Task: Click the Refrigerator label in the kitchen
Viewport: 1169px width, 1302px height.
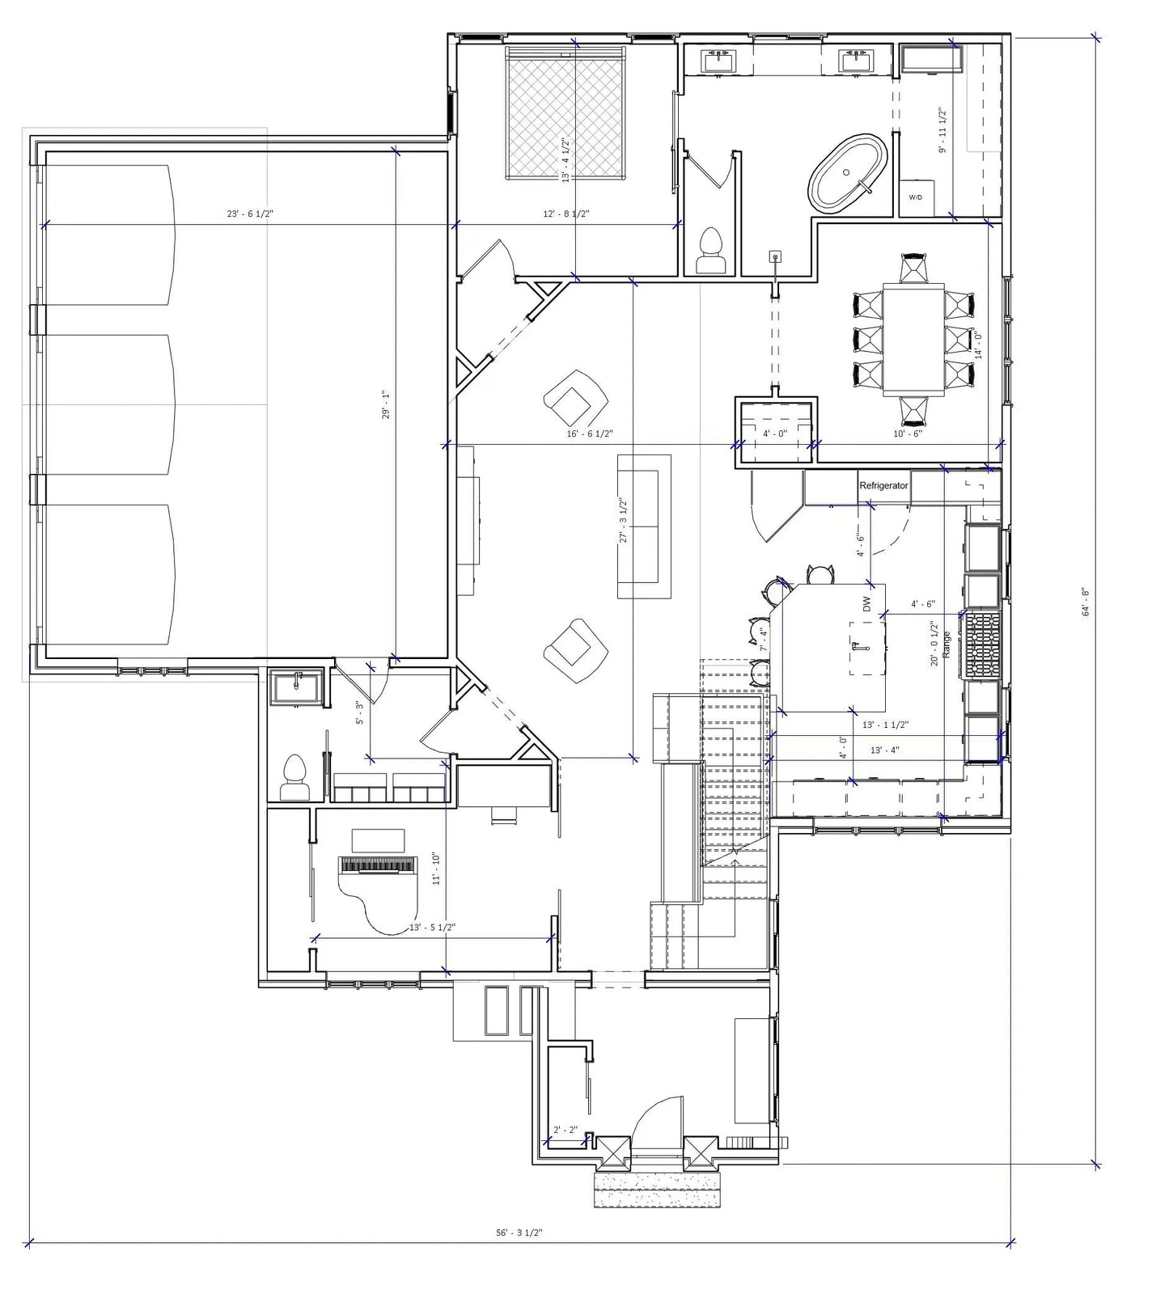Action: (x=883, y=486)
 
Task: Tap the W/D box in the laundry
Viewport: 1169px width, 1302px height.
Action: (x=915, y=197)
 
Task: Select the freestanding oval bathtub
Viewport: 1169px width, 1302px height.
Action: (x=849, y=174)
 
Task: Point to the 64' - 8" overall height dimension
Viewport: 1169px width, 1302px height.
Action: (x=1086, y=602)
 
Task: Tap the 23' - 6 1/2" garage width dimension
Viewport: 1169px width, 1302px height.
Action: (x=250, y=214)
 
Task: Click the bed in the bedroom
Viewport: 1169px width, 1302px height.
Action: (x=566, y=113)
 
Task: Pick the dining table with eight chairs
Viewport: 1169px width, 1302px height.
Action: (x=913, y=338)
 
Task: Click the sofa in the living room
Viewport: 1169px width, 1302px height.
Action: (x=644, y=526)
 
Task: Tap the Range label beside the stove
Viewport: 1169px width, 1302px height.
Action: (x=947, y=643)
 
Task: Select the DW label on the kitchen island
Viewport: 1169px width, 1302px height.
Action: (x=866, y=603)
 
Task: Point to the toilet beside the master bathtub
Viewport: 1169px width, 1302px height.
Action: (x=711, y=251)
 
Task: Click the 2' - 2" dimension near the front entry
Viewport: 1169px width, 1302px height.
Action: (x=564, y=1130)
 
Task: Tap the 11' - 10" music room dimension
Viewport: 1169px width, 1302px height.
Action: (x=436, y=868)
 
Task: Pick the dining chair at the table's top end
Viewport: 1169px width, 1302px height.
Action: (x=913, y=268)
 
